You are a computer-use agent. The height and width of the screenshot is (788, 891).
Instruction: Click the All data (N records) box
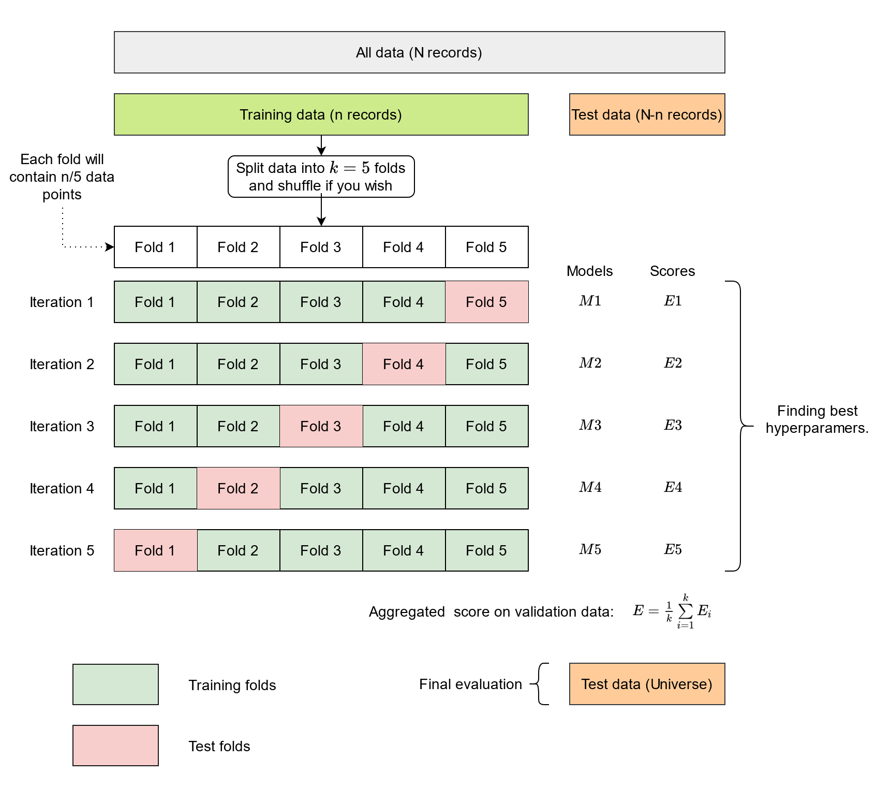(419, 52)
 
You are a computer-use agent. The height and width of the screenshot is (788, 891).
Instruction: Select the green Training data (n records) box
(321, 114)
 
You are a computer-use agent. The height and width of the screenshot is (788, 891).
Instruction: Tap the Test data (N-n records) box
(647, 114)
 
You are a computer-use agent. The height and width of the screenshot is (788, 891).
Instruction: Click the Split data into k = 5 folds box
(321, 177)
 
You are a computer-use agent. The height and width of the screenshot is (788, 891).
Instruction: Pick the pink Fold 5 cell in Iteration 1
(486, 302)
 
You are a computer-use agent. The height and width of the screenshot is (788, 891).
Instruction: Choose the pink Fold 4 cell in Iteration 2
(404, 364)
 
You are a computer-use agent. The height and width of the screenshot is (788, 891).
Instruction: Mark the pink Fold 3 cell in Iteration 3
(321, 426)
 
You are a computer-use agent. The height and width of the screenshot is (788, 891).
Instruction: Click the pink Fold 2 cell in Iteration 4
(238, 488)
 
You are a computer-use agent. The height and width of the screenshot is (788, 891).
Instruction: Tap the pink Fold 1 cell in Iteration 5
(155, 550)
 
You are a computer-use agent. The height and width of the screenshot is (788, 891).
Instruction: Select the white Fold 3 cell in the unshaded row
(321, 247)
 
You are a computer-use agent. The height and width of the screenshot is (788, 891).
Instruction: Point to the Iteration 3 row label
(62, 426)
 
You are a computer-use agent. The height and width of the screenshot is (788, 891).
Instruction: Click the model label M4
(590, 487)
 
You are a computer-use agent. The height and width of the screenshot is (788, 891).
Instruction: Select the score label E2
(673, 363)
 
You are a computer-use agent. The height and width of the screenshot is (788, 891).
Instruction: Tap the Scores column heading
(672, 271)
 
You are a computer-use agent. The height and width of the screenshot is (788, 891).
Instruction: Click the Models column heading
(589, 271)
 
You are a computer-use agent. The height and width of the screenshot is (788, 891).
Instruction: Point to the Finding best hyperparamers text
(817, 419)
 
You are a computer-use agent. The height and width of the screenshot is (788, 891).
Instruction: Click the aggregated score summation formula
(672, 611)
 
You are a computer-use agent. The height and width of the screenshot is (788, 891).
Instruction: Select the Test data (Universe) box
(647, 684)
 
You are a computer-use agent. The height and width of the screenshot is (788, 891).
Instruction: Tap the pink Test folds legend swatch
(115, 746)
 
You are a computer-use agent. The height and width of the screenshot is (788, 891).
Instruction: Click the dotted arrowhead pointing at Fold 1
(110, 247)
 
